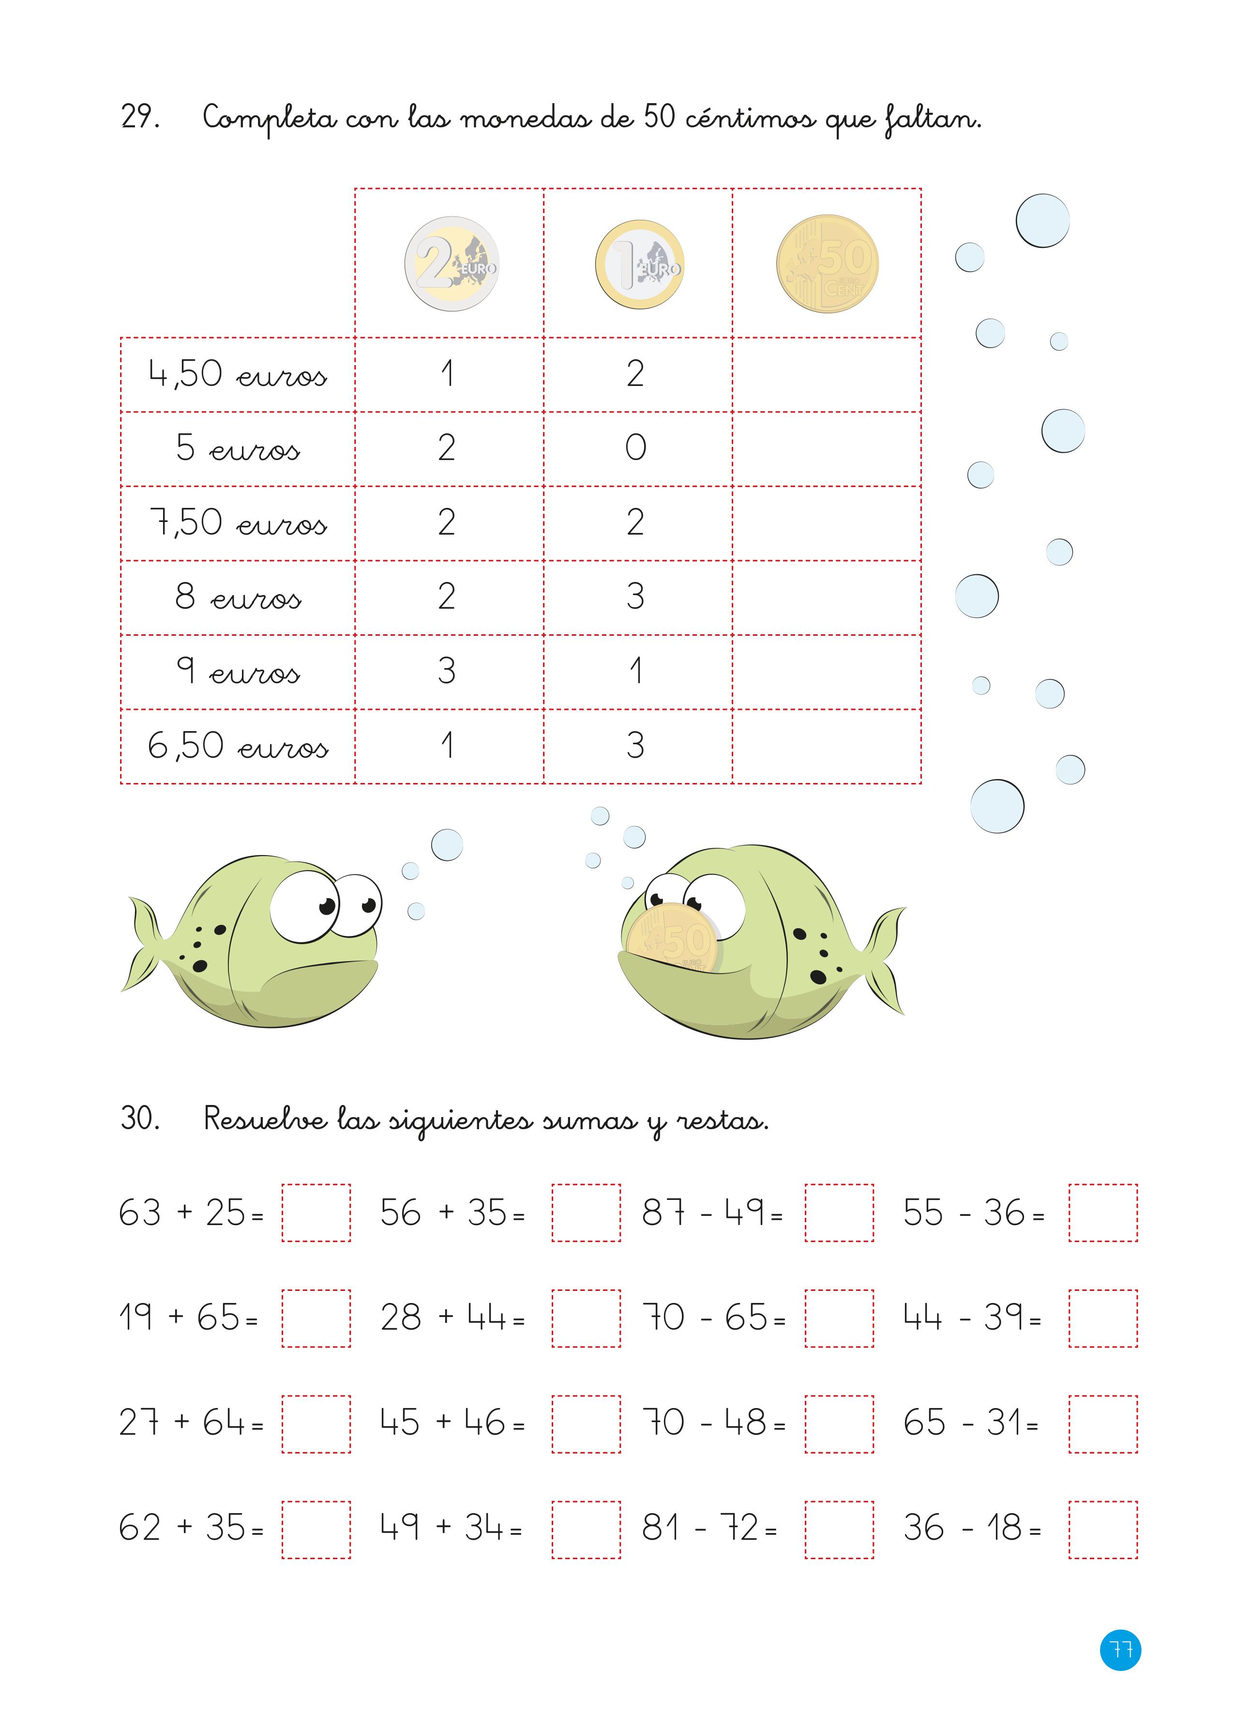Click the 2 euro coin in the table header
coord(452,263)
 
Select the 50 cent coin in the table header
coord(828,263)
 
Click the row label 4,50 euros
coord(237,374)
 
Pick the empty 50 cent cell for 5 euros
coord(827,449)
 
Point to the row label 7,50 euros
coord(237,523)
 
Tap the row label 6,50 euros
coord(237,746)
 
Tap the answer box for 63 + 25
coord(316,1212)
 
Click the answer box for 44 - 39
coord(1103,1319)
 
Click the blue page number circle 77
coord(1120,1650)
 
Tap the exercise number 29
coord(140,117)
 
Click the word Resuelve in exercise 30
coord(265,1119)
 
